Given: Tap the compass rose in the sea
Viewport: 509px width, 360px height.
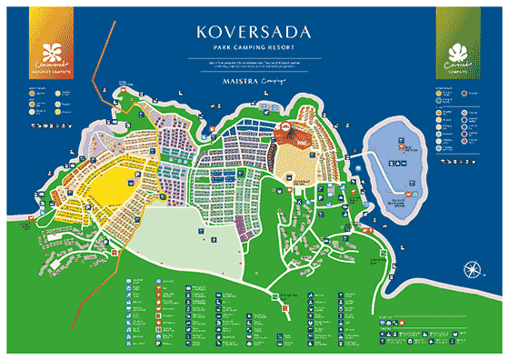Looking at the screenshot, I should pyautogui.click(x=474, y=269).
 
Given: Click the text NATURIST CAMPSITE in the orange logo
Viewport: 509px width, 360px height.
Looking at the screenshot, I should pyautogui.click(x=42, y=71).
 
